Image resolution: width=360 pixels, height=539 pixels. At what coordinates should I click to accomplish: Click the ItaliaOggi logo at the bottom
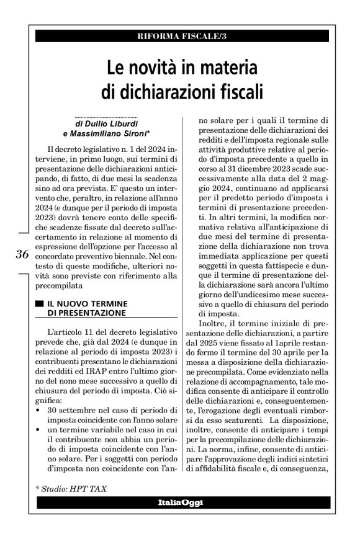pyautogui.click(x=181, y=502)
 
